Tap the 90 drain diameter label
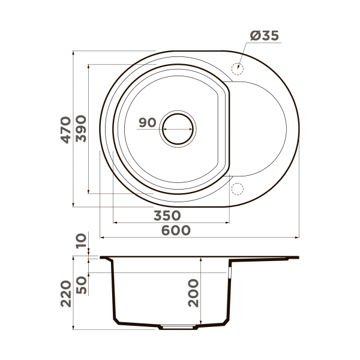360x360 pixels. [147, 123]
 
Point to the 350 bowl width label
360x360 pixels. [168, 215]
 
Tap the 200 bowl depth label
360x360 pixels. [193, 293]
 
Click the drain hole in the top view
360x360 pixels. [178, 128]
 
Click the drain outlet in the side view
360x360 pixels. [178, 328]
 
